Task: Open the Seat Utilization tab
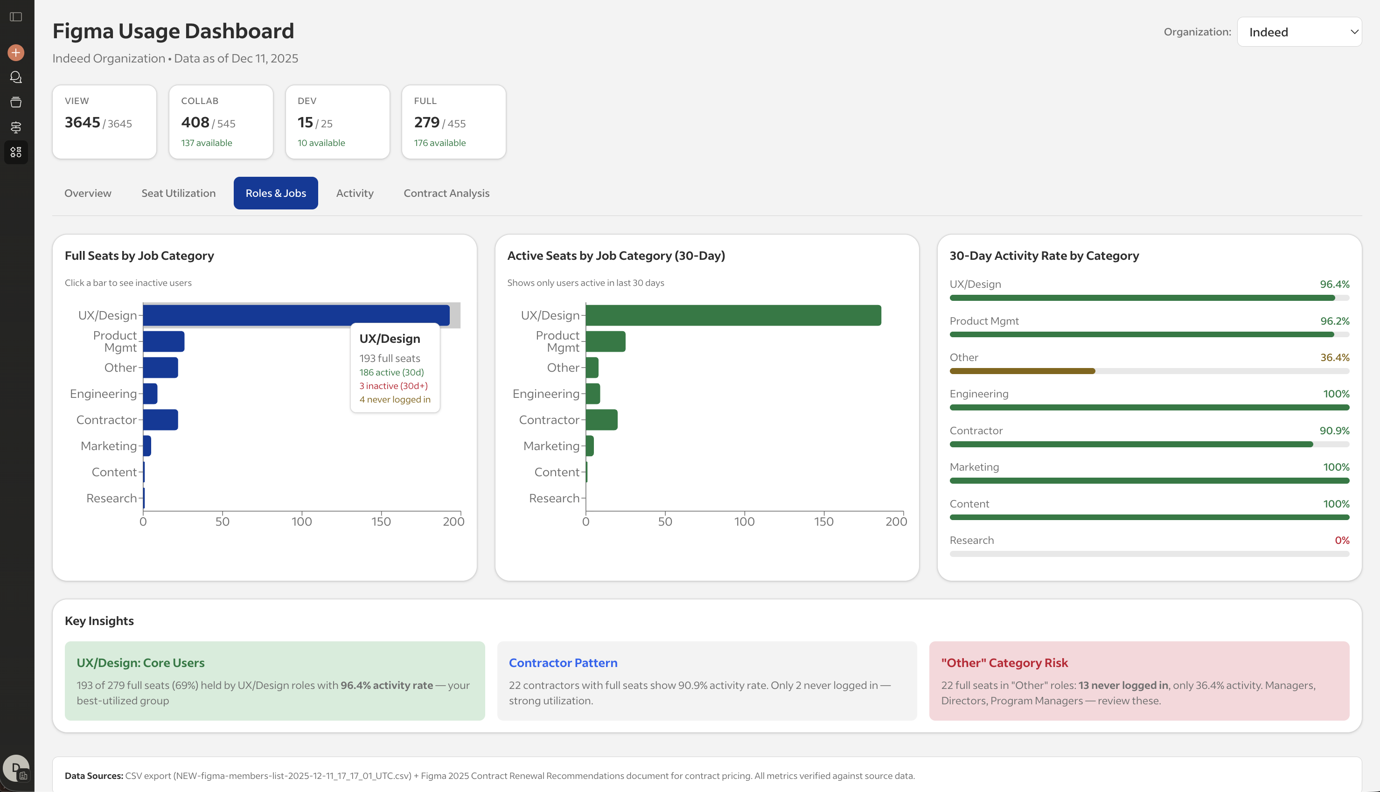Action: (178, 193)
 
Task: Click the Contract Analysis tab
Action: (446, 193)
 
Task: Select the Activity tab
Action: (355, 193)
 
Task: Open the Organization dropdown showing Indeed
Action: (1299, 32)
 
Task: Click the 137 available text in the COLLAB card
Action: (206, 143)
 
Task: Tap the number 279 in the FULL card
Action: (426, 122)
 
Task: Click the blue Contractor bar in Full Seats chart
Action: (160, 420)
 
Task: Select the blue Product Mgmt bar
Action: (164, 341)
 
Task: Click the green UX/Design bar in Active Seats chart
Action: (733, 315)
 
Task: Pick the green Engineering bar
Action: (593, 394)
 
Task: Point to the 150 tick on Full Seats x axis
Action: (381, 521)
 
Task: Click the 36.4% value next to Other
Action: (1334, 357)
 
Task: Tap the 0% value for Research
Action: (1341, 540)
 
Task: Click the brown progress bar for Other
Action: (1022, 371)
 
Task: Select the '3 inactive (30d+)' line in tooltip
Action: (393, 386)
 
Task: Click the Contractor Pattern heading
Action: (563, 662)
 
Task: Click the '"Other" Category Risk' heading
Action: (1004, 662)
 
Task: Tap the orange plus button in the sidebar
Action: (16, 53)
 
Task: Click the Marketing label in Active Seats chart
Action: (551, 446)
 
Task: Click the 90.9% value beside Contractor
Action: (1334, 430)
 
